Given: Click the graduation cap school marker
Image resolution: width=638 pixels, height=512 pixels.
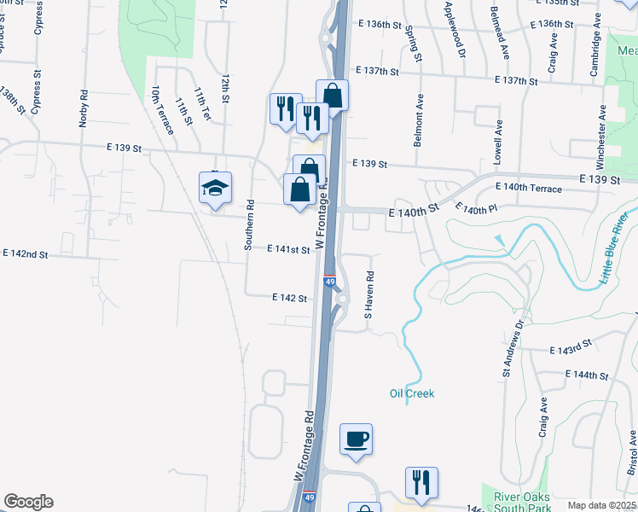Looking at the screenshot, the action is click(216, 189).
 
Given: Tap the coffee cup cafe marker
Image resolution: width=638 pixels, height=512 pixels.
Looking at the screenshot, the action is click(357, 439).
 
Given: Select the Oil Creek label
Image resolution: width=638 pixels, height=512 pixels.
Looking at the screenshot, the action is click(412, 393).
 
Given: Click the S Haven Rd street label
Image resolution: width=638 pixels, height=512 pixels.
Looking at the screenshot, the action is click(369, 295).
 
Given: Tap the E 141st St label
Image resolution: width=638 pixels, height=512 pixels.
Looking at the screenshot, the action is click(287, 249).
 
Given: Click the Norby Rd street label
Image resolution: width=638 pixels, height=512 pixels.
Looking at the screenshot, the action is click(83, 108).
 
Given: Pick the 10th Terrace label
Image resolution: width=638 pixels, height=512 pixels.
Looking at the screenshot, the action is click(162, 109).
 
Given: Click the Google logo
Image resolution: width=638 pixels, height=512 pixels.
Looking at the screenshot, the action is click(28, 502).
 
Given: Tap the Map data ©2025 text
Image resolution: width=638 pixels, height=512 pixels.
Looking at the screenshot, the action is click(601, 505).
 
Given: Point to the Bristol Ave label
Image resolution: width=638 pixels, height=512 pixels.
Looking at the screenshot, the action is click(632, 452).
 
